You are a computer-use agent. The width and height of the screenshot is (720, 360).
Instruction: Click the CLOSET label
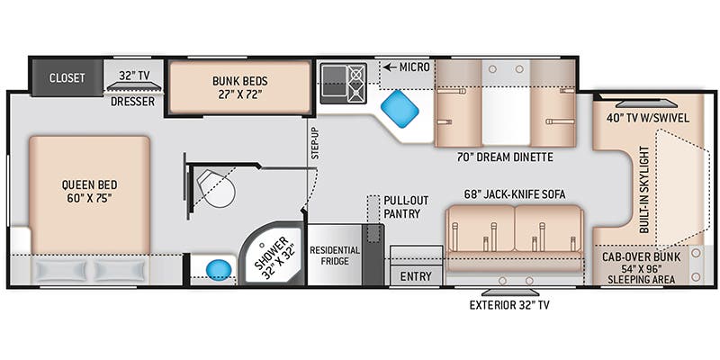(67, 77)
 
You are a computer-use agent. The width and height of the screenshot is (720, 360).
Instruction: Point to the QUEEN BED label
(89, 192)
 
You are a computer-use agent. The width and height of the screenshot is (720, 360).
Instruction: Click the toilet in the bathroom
(217, 188)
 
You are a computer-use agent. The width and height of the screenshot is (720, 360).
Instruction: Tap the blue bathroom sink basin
(216, 269)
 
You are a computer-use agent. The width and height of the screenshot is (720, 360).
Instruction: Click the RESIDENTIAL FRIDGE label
(335, 256)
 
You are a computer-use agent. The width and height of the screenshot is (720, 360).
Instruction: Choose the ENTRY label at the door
(415, 276)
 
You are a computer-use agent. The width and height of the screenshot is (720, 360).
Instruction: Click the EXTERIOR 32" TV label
(508, 305)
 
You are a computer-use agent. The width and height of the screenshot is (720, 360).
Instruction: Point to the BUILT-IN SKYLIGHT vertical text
(645, 190)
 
